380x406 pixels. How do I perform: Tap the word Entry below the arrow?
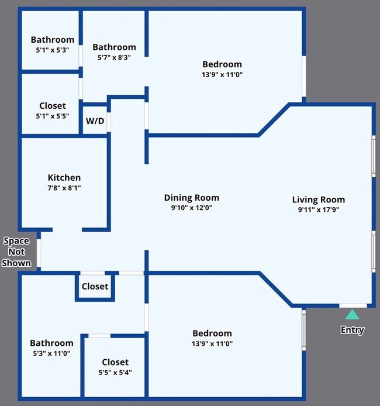point(353,329)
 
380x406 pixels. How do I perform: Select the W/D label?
point(95,121)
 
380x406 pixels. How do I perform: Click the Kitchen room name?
point(64,178)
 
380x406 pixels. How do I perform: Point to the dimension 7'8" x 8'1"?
point(64,188)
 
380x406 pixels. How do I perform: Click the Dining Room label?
point(192,198)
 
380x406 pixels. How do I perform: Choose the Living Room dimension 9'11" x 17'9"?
point(319,209)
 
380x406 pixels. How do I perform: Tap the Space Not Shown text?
point(16,252)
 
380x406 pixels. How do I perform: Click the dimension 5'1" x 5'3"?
point(53,50)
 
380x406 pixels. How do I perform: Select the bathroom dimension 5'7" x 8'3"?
point(114,57)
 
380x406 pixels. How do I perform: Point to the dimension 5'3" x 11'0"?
point(51,353)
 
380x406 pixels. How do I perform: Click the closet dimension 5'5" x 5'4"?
point(115,372)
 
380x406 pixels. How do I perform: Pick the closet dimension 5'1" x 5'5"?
point(53,116)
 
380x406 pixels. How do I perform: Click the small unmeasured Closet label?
point(95,287)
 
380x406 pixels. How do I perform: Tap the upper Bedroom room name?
point(222,64)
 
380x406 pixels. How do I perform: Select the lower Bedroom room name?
point(212,333)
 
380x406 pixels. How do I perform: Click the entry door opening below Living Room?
point(353,306)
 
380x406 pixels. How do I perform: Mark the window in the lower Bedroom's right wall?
point(304,330)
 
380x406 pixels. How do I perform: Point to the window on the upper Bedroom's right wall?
point(304,77)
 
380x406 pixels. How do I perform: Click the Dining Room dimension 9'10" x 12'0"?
point(192,208)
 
